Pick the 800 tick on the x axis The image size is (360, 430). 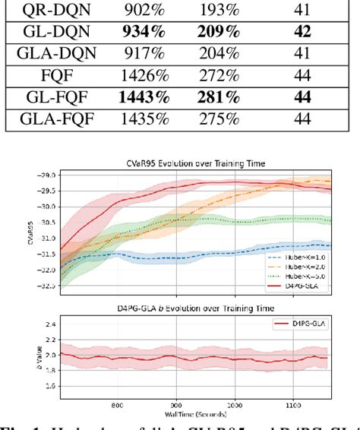pos(118,406)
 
